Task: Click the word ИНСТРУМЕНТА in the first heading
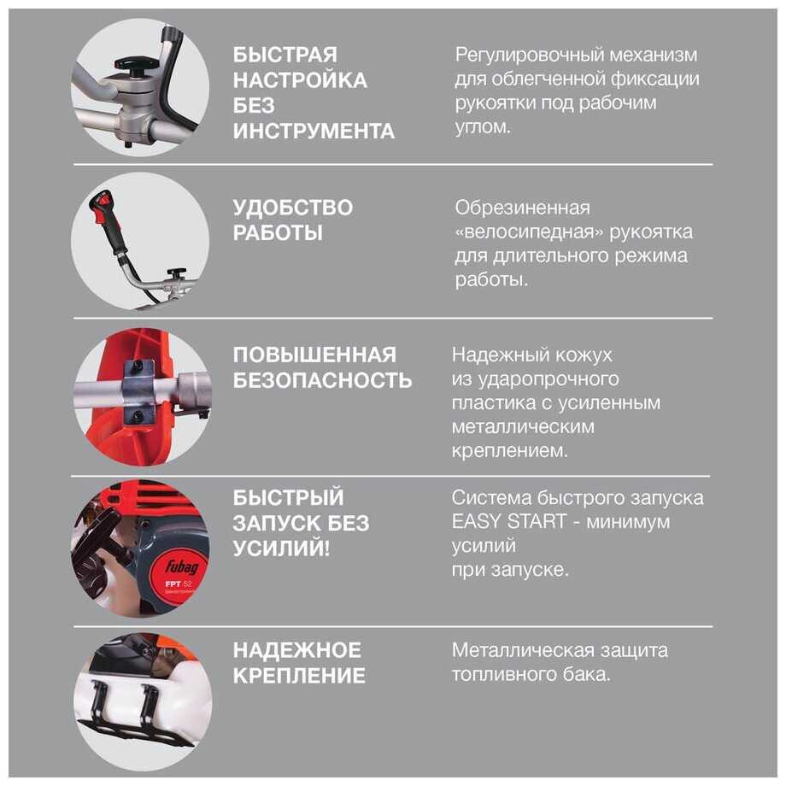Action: [314, 132]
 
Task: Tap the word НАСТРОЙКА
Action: [300, 80]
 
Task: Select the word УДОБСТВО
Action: [293, 208]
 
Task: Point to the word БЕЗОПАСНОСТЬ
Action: [322, 380]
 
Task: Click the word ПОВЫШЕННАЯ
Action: [314, 355]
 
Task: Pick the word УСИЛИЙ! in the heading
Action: [281, 548]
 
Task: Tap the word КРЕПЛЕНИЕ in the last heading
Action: [299, 676]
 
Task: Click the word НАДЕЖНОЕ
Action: [296, 650]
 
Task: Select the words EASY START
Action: [509, 522]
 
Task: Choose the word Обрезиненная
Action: [522, 208]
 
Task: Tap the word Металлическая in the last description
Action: [519, 651]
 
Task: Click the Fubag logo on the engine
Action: [181, 566]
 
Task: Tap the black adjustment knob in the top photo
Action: [134, 65]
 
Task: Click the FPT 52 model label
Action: [179, 584]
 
